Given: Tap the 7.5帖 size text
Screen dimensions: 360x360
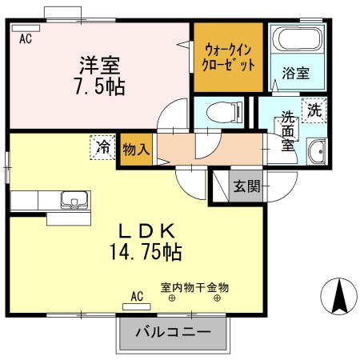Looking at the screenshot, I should coord(99,85).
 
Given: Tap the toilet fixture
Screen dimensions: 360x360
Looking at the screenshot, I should coord(216,110).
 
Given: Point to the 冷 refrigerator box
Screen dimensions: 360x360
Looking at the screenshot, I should coord(102,148).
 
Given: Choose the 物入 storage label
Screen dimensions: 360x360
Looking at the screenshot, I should coord(136,149).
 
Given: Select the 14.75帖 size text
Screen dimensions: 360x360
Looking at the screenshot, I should coord(146,253).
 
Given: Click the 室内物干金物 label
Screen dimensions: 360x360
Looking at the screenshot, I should coord(194,286).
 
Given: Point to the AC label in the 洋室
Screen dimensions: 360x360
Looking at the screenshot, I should coord(25,37).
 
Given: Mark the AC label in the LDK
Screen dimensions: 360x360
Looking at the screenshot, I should coord(136,296).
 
